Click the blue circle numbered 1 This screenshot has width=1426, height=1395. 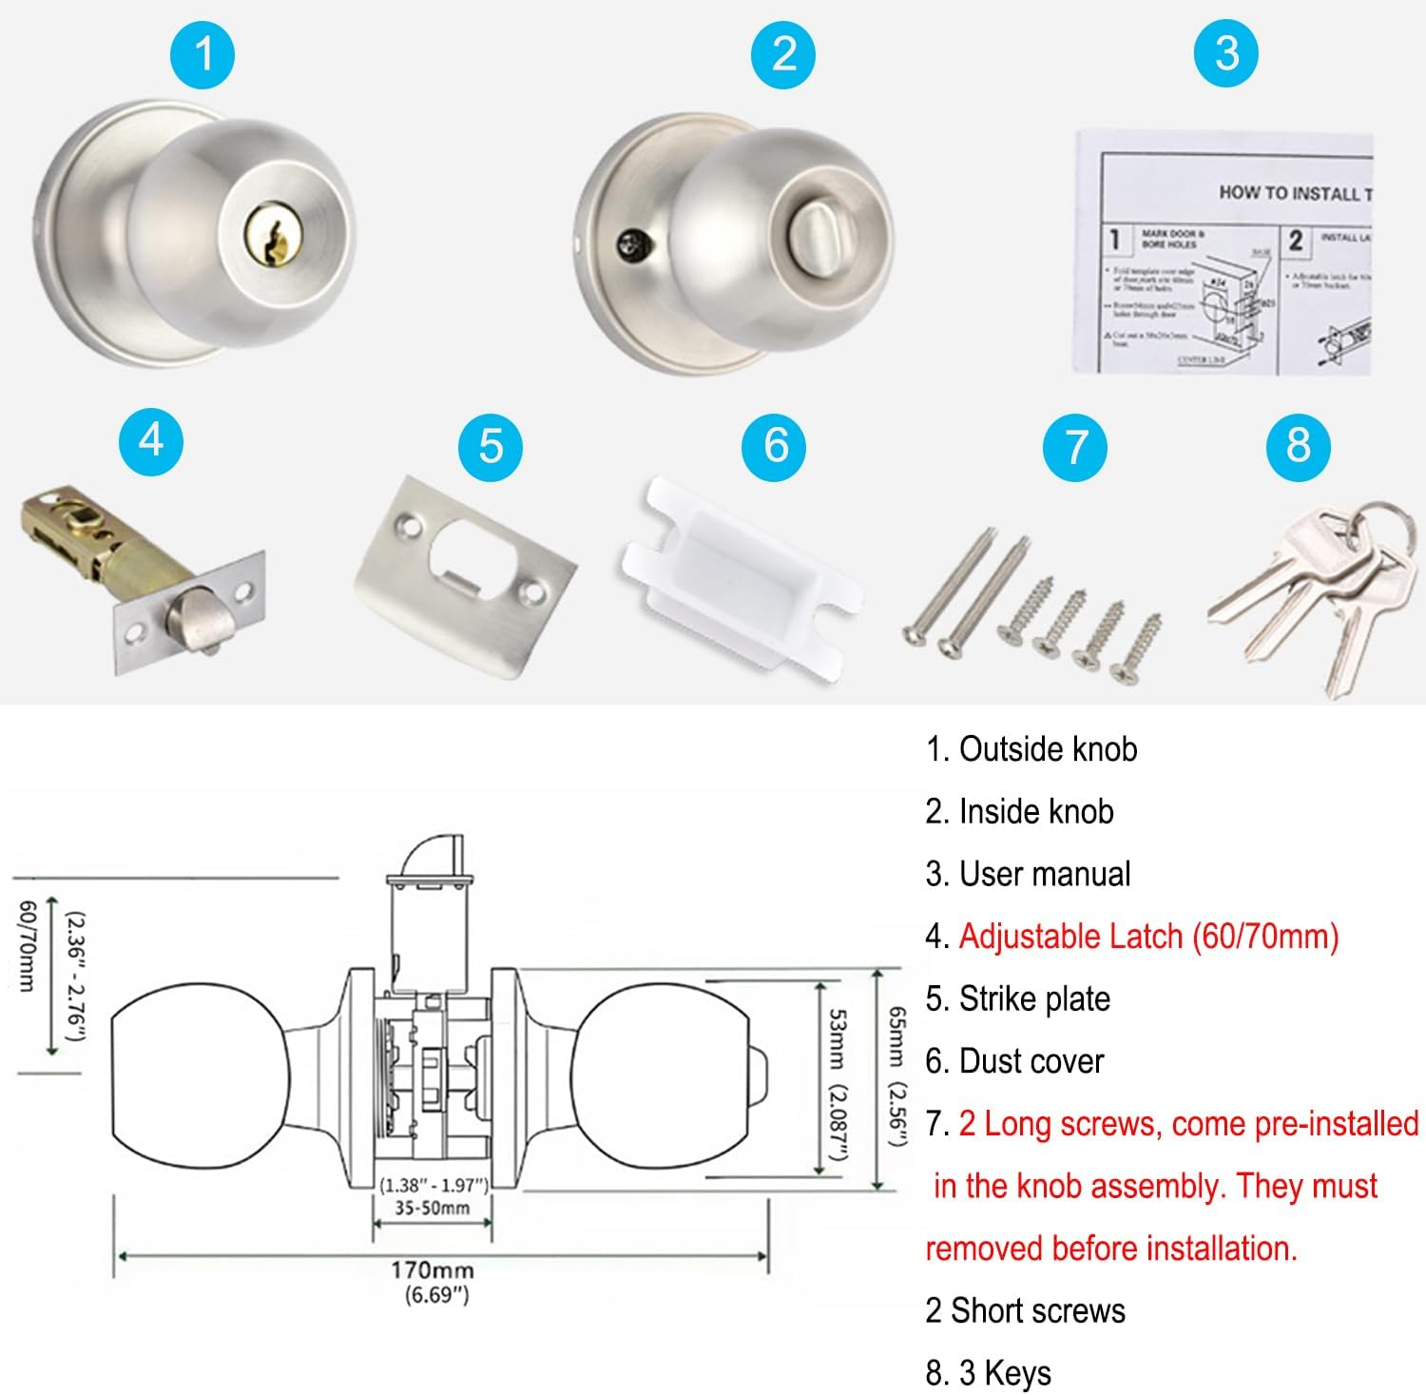tap(202, 54)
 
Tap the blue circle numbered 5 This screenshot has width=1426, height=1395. tap(490, 445)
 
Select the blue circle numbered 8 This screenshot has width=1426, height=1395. tap(1298, 445)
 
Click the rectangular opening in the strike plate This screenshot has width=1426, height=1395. tap(472, 549)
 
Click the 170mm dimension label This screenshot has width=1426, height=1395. tap(432, 1270)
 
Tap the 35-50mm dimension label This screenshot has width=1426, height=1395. tap(433, 1208)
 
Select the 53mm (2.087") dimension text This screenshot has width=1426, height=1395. tap(837, 1084)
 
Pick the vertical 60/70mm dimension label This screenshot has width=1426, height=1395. tap(28, 945)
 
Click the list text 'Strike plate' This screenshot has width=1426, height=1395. tap(1034, 998)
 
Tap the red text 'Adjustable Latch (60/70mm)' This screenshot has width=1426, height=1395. tap(1148, 937)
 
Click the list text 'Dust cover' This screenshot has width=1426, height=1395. tap(1031, 1061)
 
